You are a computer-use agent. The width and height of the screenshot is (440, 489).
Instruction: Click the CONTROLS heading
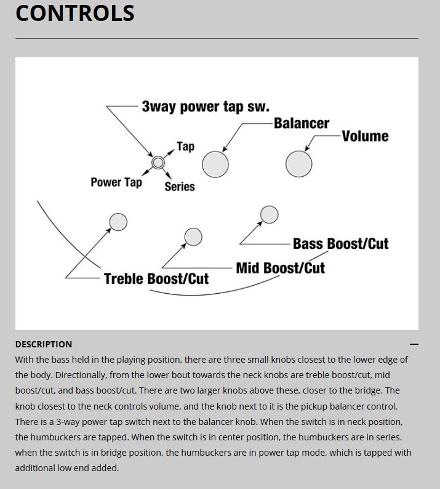(x=74, y=14)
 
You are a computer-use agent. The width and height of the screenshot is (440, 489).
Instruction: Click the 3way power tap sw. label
(x=205, y=106)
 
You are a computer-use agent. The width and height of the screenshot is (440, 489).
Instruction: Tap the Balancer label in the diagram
(x=301, y=123)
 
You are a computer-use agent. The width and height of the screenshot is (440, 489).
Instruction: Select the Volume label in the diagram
(x=365, y=136)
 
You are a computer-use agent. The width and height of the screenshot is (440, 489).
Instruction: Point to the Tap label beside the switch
(x=185, y=147)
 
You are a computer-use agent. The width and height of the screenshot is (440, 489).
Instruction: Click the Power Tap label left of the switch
(x=116, y=182)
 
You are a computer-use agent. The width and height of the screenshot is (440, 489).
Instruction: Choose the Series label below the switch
(x=179, y=187)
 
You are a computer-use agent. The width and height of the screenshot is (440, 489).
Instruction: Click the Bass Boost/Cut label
(x=340, y=244)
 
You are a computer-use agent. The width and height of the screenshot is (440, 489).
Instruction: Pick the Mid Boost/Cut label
(x=280, y=268)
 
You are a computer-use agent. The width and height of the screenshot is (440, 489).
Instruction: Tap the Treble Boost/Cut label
(x=156, y=279)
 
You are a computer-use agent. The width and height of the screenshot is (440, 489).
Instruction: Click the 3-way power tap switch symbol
(x=158, y=163)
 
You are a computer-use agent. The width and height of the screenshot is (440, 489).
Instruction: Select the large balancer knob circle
(x=215, y=164)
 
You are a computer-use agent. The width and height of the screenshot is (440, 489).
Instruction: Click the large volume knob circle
(x=299, y=164)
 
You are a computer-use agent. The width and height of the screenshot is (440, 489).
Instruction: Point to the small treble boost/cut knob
(x=118, y=222)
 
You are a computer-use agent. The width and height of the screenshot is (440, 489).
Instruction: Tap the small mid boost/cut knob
(x=193, y=236)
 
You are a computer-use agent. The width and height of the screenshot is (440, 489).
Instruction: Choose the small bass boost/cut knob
(x=269, y=214)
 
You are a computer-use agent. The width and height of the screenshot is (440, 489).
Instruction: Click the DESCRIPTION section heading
(x=44, y=344)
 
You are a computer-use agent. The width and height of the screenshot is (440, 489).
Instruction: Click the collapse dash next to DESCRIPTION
(x=414, y=344)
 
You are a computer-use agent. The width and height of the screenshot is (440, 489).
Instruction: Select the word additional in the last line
(x=36, y=468)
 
